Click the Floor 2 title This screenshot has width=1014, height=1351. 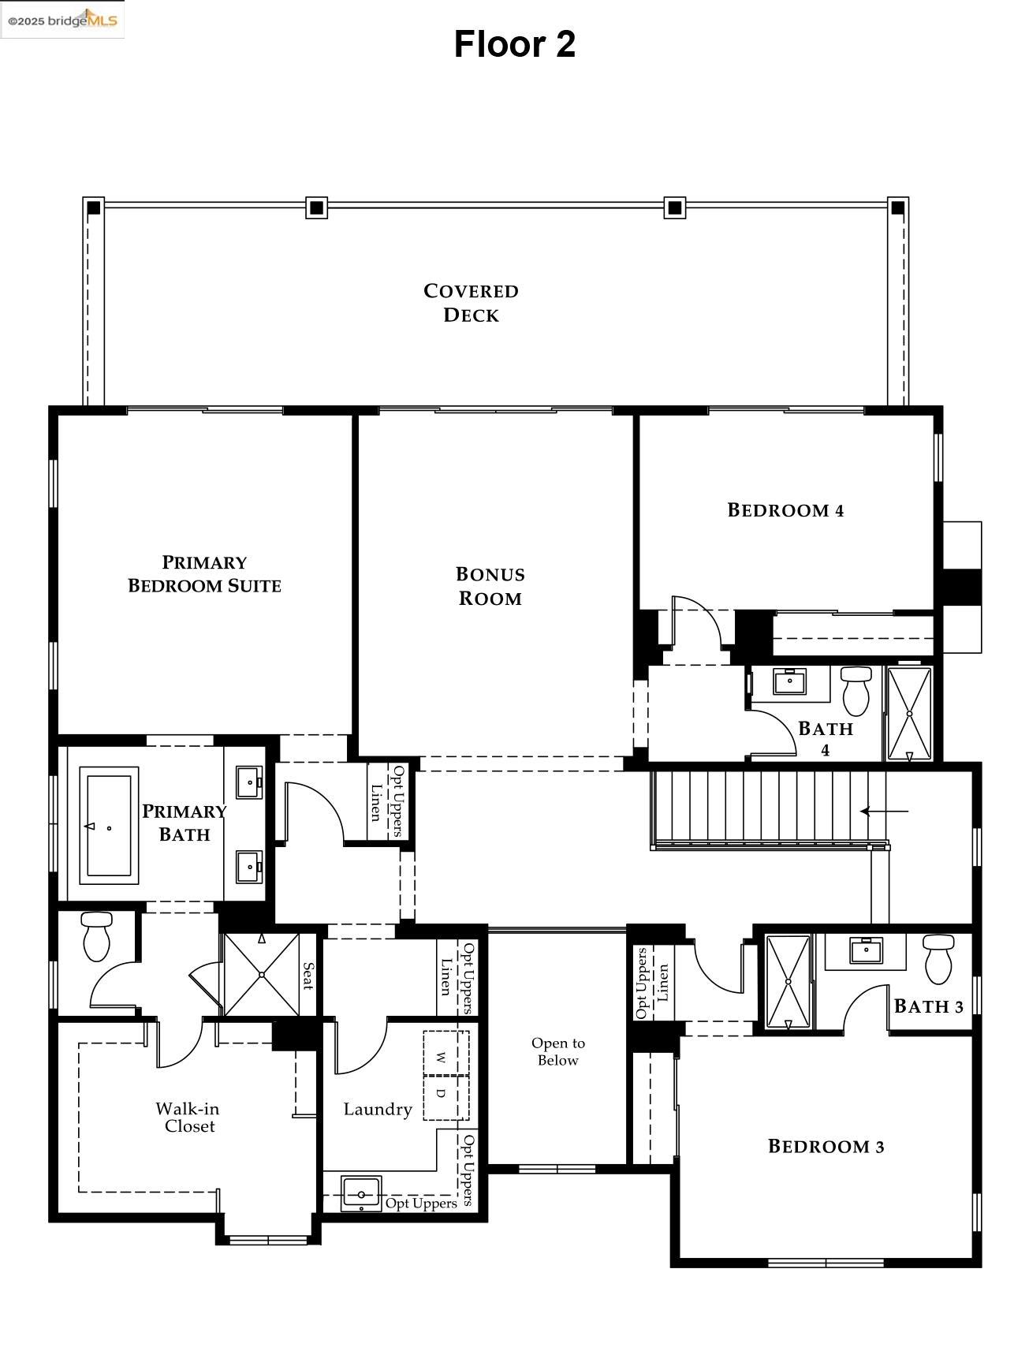(514, 44)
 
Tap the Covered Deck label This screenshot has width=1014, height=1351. (471, 303)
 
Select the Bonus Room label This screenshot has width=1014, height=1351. (490, 586)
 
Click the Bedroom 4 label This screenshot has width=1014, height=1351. (785, 510)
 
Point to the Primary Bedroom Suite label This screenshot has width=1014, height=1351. (204, 574)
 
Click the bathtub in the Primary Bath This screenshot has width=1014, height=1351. (109, 826)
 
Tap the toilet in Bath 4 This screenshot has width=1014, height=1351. (856, 690)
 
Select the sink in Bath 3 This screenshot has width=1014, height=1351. (866, 951)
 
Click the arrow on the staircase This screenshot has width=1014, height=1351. (883, 811)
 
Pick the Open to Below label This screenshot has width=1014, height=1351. (557, 1052)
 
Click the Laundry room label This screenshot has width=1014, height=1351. (378, 1110)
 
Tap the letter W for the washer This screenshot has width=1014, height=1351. (442, 1056)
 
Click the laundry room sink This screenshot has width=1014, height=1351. (361, 1194)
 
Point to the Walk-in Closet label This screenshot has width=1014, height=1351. (188, 1118)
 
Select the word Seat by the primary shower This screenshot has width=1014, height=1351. (308, 976)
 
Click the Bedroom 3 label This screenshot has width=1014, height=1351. (826, 1147)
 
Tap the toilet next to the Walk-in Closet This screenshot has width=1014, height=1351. (97, 936)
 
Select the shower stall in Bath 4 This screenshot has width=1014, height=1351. (909, 714)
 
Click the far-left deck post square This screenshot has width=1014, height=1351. (94, 208)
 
